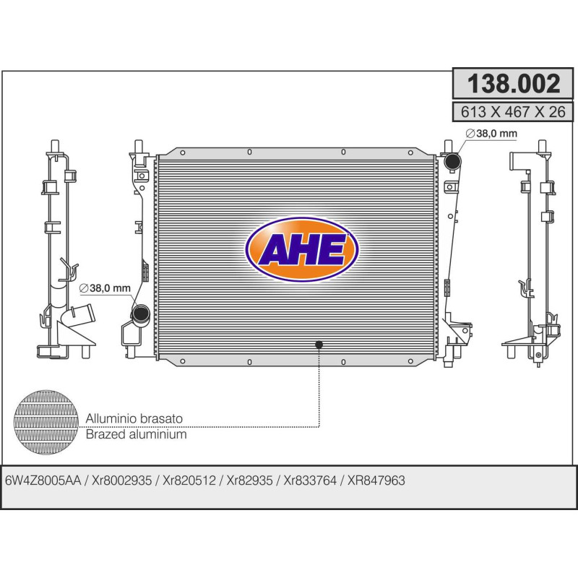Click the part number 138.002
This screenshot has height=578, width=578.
[x=514, y=83]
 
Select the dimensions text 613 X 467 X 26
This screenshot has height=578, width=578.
[x=513, y=111]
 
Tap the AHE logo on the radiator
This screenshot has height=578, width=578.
[x=301, y=249]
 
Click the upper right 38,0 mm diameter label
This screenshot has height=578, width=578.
[x=491, y=133]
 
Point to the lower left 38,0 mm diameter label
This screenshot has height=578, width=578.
[x=105, y=288]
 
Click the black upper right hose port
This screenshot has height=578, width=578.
[x=452, y=161]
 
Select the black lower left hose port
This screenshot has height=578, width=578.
[x=140, y=314]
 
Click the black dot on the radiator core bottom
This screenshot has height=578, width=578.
[x=319, y=345]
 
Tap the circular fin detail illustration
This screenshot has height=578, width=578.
[x=46, y=422]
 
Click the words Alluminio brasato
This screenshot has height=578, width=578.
[x=134, y=418]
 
